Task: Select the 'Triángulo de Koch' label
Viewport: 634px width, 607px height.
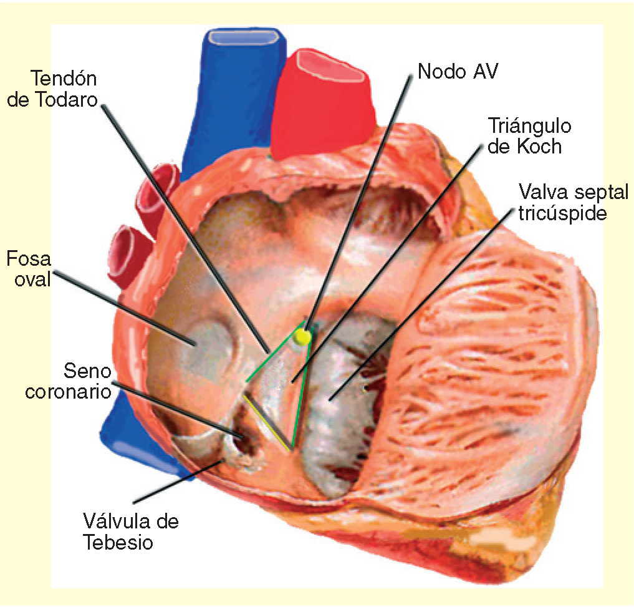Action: (x=529, y=136)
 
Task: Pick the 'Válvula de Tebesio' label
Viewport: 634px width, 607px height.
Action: (x=130, y=531)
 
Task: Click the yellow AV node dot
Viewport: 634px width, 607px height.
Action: (x=303, y=337)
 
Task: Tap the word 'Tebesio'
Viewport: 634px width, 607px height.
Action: (x=118, y=542)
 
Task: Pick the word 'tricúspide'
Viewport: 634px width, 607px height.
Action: (x=562, y=213)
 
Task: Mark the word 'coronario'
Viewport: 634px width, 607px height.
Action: (x=68, y=392)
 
